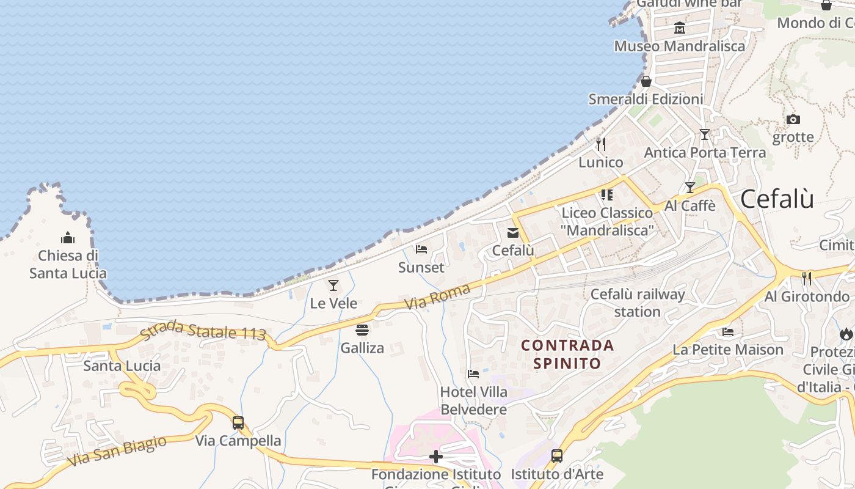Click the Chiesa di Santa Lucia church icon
[x=67, y=238]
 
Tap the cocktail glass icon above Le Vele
[x=333, y=285]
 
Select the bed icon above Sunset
[x=421, y=249]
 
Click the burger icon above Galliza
[x=362, y=330]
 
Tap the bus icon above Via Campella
[x=238, y=422]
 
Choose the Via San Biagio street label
[x=117, y=451]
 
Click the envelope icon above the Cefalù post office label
[x=513, y=232]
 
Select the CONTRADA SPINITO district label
[x=567, y=354]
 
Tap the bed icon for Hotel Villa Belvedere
[x=473, y=373]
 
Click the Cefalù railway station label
[x=638, y=303]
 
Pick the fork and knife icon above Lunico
[x=601, y=144]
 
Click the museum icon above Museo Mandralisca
[x=679, y=28]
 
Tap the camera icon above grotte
[x=793, y=119]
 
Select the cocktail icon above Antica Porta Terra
[x=705, y=134]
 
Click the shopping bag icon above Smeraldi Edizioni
[x=646, y=81]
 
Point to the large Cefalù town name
[x=777, y=199]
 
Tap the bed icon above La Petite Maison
[x=727, y=331]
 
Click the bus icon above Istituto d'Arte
[x=556, y=455]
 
